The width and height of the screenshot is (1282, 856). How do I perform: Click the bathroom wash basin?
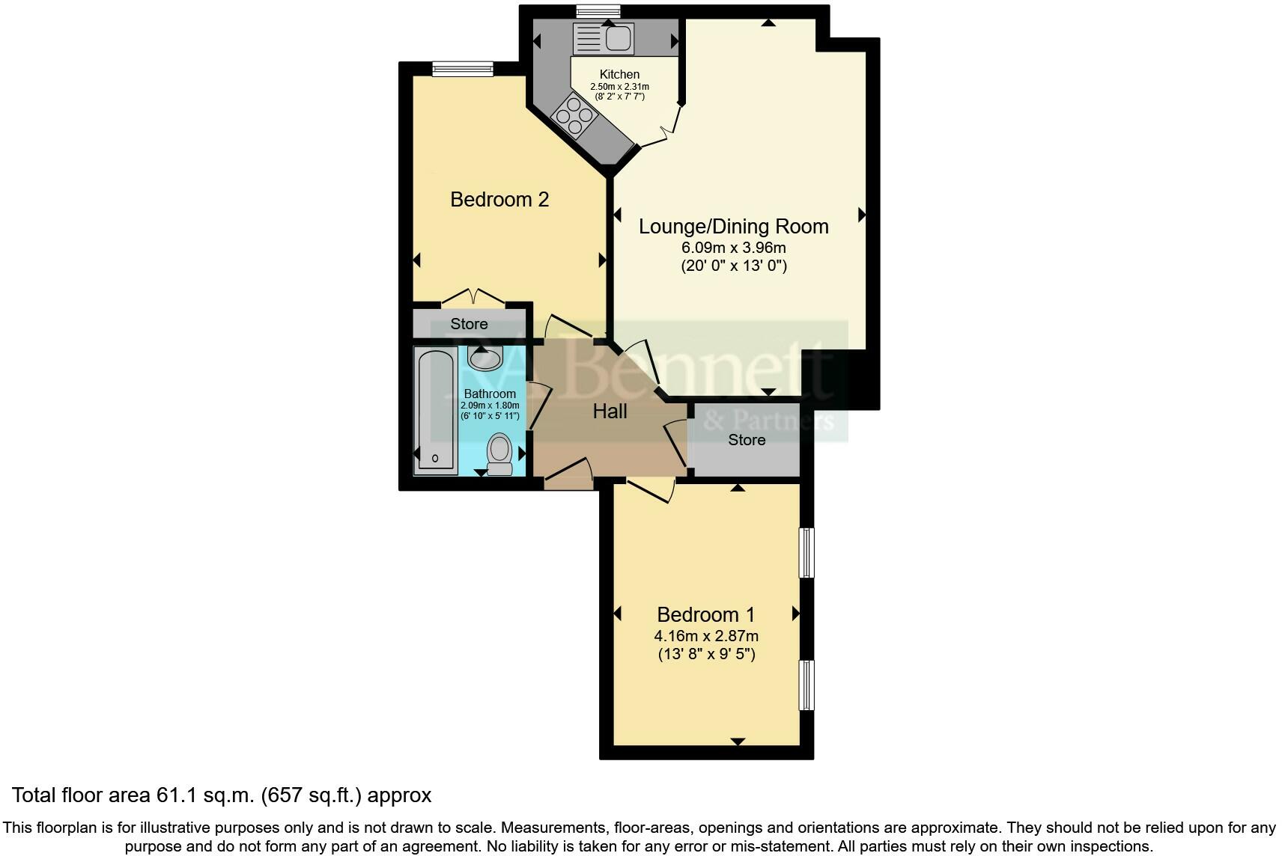point(484,358)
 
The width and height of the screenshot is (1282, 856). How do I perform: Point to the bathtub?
point(436,411)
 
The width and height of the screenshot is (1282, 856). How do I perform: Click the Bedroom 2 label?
point(499,199)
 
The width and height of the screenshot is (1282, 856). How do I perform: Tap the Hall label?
point(610,411)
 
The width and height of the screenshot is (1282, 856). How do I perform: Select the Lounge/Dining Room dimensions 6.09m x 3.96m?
point(733,247)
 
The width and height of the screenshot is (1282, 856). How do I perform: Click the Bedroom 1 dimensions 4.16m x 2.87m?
point(706,636)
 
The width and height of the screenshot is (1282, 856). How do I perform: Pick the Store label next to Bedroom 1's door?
point(747,440)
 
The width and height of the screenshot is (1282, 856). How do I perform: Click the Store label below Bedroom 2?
point(469,324)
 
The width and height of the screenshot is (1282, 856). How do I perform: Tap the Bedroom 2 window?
point(462,69)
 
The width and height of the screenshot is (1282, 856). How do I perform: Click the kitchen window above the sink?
point(598,10)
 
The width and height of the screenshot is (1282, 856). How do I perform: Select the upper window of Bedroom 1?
point(806,553)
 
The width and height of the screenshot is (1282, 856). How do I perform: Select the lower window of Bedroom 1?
point(806,685)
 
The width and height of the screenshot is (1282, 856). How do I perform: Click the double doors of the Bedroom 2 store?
point(473,297)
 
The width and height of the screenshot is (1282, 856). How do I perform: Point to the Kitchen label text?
point(619,74)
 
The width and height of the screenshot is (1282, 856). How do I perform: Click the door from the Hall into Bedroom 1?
point(650,491)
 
